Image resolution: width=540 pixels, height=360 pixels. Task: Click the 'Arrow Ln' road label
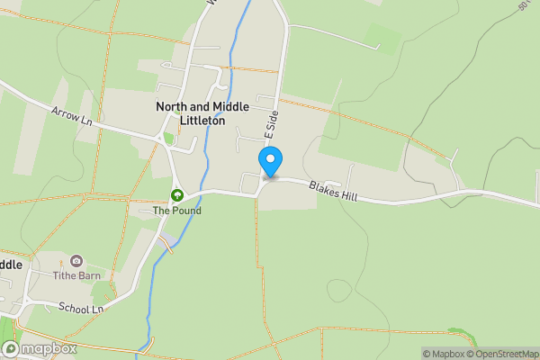click(x=72, y=115)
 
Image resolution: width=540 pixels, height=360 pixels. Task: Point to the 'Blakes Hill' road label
click(x=333, y=191)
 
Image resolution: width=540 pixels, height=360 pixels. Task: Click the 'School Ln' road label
click(x=80, y=308)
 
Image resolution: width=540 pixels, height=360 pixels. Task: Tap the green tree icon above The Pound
click(x=177, y=194)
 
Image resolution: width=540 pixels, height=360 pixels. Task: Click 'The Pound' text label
click(x=176, y=211)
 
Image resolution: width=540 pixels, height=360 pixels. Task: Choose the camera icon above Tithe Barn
click(x=76, y=260)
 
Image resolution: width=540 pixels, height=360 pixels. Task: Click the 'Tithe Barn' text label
click(x=76, y=275)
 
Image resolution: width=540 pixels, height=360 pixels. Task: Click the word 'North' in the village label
click(x=172, y=106)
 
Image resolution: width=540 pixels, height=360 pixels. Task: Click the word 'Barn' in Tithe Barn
click(x=88, y=275)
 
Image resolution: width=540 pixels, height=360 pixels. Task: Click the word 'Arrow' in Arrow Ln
click(x=66, y=113)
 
